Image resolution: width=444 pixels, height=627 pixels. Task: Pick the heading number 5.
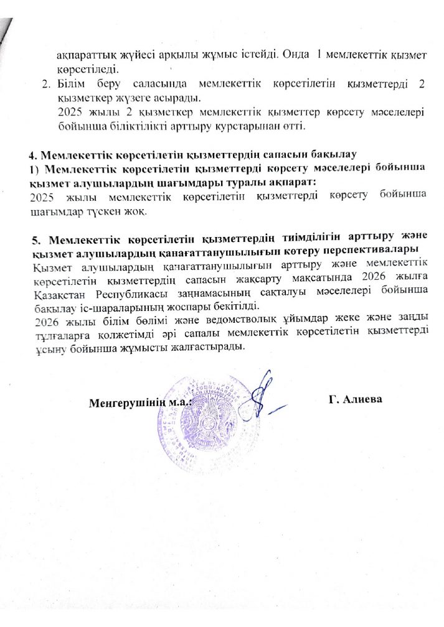click(36, 239)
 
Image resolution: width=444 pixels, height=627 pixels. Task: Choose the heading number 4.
click(34, 153)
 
